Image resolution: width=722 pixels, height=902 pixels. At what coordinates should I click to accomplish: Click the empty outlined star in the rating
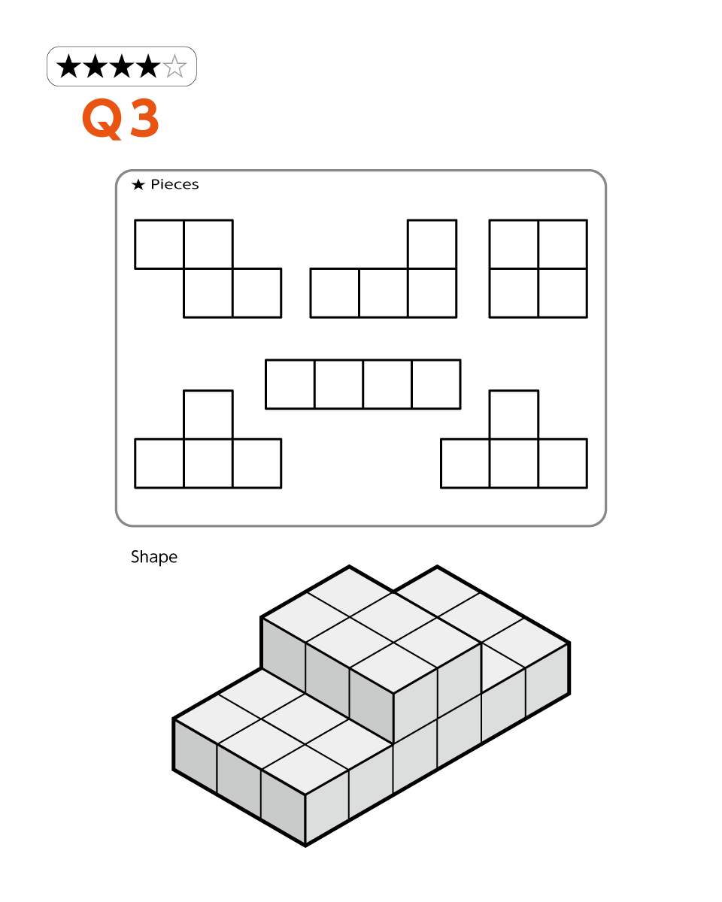174,66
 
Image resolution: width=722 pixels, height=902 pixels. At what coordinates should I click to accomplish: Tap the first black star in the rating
68,66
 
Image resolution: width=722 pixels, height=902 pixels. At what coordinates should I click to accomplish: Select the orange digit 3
144,118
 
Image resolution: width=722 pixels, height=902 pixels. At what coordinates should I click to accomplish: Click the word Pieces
174,184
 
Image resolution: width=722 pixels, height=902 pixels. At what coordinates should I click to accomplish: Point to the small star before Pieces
138,184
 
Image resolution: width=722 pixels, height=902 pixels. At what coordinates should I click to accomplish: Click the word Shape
154,557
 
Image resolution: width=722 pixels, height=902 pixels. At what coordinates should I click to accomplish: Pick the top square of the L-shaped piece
432,244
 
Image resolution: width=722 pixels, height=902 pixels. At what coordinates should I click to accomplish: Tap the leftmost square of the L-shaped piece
335,293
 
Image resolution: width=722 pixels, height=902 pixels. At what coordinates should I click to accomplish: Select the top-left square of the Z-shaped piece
159,244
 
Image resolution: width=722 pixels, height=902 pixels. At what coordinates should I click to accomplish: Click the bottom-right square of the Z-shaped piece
256,293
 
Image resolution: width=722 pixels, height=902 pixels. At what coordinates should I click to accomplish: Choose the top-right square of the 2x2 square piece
563,244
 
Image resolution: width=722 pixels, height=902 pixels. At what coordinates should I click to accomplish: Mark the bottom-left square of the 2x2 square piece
514,293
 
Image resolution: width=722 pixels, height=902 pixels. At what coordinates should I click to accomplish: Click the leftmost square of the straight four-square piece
290,384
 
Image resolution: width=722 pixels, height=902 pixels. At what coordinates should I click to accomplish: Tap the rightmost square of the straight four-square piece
436,384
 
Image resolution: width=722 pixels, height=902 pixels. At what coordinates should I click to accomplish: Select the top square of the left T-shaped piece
208,414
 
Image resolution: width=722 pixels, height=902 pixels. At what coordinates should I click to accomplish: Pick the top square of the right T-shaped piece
514,414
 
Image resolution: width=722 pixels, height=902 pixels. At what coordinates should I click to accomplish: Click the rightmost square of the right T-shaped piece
563,463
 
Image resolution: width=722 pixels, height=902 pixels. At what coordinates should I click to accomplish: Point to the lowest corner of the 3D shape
305,846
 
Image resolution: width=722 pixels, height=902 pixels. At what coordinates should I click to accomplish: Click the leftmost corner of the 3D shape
173,719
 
